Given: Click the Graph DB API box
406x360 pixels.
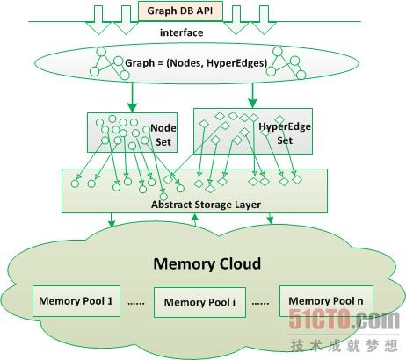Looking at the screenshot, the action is click(x=180, y=11).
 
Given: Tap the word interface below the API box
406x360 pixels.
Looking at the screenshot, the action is click(x=182, y=32).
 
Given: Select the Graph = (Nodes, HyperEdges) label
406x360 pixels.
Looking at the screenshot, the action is click(x=196, y=63).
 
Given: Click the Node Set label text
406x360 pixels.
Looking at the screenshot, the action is click(x=163, y=135).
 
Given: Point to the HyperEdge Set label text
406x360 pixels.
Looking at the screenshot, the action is click(x=285, y=133).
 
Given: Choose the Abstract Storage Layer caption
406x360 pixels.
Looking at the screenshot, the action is click(x=206, y=205).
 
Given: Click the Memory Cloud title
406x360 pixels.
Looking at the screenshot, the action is click(x=207, y=263).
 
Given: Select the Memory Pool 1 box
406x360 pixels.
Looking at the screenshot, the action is click(x=76, y=301).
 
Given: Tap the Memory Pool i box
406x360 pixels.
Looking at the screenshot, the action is click(x=199, y=302).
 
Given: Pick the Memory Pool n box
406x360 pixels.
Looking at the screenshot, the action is click(x=326, y=301).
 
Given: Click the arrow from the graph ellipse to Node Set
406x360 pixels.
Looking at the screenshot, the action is click(x=133, y=97).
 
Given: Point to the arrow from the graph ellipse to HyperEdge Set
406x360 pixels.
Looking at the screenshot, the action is click(x=252, y=96).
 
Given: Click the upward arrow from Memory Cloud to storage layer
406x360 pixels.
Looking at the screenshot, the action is click(x=194, y=220).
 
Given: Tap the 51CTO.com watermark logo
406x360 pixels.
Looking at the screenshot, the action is click(x=344, y=320).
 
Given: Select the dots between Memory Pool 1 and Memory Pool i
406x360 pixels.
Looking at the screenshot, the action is click(x=136, y=304).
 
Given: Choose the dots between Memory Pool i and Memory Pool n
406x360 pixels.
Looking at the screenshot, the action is click(x=260, y=304).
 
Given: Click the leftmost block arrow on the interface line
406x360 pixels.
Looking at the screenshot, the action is click(x=98, y=20).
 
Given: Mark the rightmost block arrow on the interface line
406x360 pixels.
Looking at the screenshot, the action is click(x=264, y=20).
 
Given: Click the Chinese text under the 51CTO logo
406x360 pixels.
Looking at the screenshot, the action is click(x=344, y=345).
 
